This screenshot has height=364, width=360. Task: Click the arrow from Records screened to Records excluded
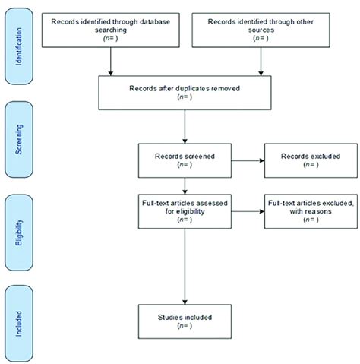coord(247,161)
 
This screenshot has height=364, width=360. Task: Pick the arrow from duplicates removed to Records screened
coord(185,126)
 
